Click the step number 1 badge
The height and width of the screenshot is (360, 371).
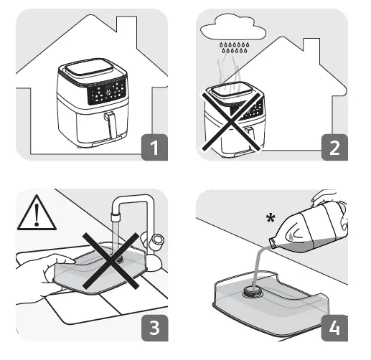click(x=154, y=147)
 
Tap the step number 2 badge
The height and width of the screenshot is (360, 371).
click(x=334, y=147)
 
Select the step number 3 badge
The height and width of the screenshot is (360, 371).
click(x=154, y=328)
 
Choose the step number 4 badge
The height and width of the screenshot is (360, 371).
click(x=334, y=328)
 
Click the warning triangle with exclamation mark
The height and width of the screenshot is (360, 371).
click(x=37, y=213)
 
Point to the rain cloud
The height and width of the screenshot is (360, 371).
click(x=233, y=28)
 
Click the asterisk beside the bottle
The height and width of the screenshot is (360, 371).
click(x=271, y=218)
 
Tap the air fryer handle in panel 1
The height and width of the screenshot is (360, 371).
click(x=111, y=125)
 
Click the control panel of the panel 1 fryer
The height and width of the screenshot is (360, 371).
click(x=106, y=92)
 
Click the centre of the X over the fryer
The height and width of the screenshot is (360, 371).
click(x=231, y=121)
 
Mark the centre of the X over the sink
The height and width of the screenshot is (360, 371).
click(x=111, y=260)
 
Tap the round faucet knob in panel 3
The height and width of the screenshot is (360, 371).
click(x=156, y=242)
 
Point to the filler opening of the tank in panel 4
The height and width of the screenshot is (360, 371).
click(x=250, y=292)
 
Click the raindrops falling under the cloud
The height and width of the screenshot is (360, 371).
click(x=235, y=47)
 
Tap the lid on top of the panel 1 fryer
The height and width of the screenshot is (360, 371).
click(x=89, y=66)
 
